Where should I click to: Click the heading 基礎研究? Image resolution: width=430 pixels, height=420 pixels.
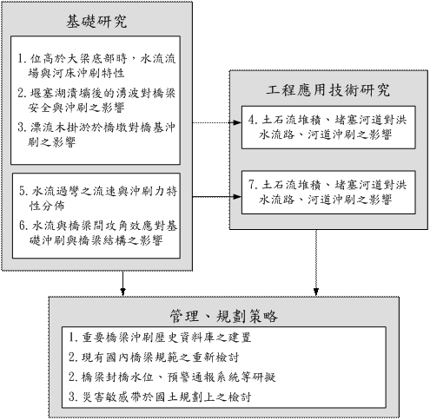pyautogui.click(x=96, y=22)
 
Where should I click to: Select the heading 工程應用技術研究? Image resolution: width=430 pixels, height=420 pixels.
pyautogui.click(x=328, y=90)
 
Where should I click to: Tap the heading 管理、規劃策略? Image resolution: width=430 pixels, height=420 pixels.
pyautogui.click(x=223, y=316)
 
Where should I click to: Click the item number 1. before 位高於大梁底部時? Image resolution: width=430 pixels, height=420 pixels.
pyautogui.click(x=23, y=58)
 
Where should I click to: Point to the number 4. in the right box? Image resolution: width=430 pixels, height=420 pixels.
pyautogui.click(x=253, y=120)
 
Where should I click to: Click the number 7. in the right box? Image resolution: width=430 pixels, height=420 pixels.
pyautogui.click(x=253, y=185)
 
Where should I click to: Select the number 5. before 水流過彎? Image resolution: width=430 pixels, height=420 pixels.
pyautogui.click(x=24, y=191)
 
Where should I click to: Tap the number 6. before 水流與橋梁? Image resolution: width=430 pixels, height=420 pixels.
pyautogui.click(x=24, y=226)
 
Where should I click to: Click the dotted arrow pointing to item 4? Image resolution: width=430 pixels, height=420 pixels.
pyautogui.click(x=217, y=122)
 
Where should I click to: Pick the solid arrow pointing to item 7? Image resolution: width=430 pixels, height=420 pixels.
pyautogui.click(x=217, y=197)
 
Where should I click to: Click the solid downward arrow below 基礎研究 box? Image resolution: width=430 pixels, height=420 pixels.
pyautogui.click(x=123, y=283)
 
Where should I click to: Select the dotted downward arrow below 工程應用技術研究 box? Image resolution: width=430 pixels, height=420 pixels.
pyautogui.click(x=316, y=263)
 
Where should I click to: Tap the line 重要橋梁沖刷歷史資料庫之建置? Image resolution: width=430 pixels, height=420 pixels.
pyautogui.click(x=166, y=338)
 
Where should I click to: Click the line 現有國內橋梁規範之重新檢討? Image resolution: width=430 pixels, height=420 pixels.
pyautogui.click(x=160, y=358)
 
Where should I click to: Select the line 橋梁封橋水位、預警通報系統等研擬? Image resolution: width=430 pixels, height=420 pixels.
pyautogui.click(x=178, y=377)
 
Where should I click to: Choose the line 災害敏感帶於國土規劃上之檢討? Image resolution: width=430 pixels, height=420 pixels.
pyautogui.click(x=166, y=397)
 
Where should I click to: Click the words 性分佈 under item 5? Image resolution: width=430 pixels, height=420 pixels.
pyautogui.click(x=47, y=206)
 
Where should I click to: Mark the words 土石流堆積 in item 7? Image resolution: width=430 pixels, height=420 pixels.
pyautogui.click(x=292, y=185)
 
